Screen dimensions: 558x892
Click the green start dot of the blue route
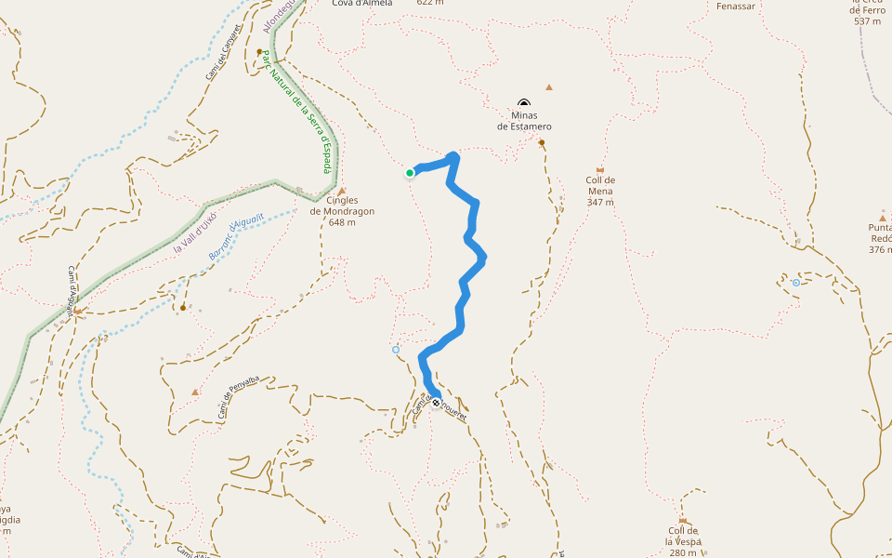tap(410, 173)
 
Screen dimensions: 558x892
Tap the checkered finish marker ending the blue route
tap(436, 404)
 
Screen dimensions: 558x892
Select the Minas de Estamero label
tap(524, 121)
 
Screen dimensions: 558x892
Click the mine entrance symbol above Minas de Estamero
tap(524, 104)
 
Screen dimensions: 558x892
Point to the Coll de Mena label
tap(600, 185)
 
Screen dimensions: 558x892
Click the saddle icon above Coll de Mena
tap(600, 170)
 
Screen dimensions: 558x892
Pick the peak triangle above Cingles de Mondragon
tap(342, 191)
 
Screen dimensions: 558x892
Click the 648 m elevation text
tap(342, 222)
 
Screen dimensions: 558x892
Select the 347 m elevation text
tap(600, 202)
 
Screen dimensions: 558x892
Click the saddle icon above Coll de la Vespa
tap(682, 521)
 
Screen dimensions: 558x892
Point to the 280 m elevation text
tap(682, 552)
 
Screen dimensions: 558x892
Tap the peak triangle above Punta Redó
tap(882, 217)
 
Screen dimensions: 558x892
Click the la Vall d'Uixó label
tap(195, 233)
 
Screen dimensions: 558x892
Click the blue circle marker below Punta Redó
tap(796, 283)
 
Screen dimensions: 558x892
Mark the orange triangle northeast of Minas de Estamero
tap(549, 87)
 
